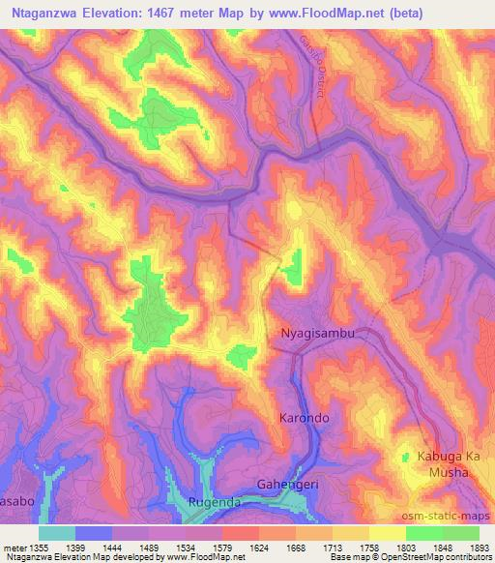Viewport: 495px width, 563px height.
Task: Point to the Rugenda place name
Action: point(218,502)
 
